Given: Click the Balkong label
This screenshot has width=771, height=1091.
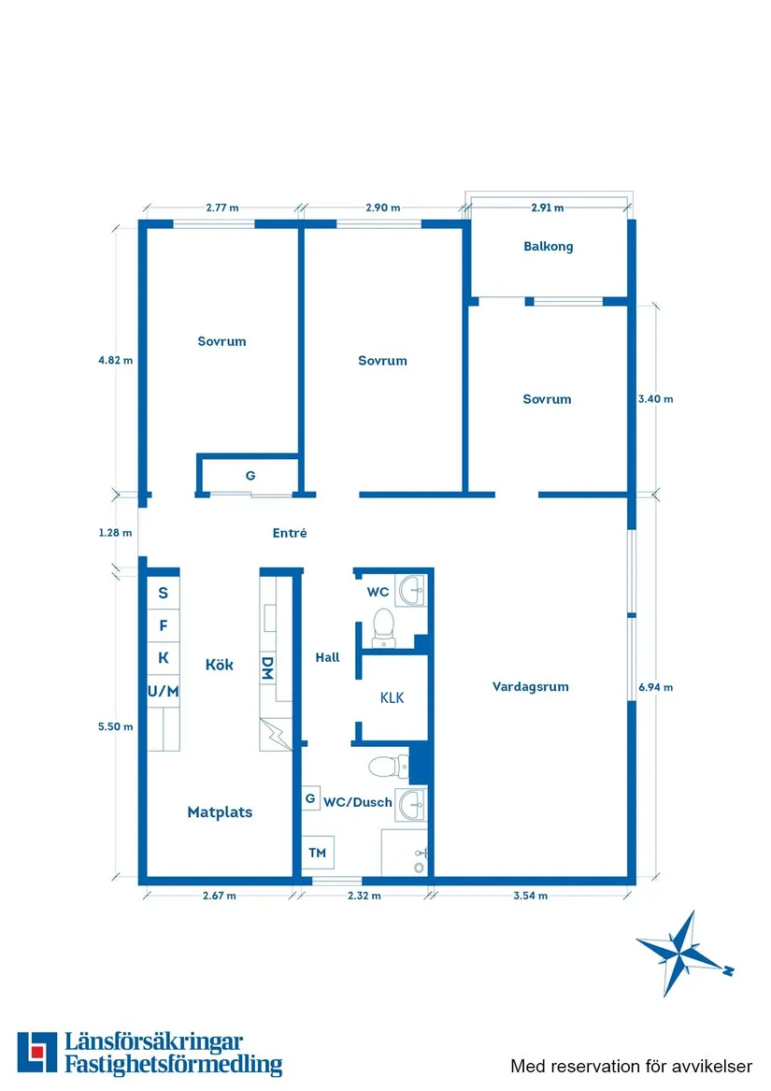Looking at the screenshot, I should coord(548,247).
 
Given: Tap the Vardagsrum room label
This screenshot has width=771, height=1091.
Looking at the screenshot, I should coord(530,686).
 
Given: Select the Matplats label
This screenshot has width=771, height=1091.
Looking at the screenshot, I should coord(220,812).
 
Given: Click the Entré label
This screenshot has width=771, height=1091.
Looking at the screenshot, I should coord(290,533).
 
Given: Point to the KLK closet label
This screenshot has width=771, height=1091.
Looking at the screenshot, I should coord(392,697).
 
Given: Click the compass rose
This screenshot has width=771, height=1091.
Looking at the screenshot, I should coord(683,952).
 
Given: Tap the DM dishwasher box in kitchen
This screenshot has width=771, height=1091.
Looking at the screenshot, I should coord(267,668).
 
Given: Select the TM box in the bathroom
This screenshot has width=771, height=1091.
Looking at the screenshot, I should coord(318,853).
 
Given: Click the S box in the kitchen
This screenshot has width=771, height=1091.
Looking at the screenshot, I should coord(164,593).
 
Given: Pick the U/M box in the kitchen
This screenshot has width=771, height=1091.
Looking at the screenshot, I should coord(164,691).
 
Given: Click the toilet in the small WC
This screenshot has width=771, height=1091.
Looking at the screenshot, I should coord(382,627).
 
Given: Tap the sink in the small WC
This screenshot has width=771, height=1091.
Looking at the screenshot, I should coord(410,589).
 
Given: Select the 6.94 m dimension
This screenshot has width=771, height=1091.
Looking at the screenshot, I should coord(655,687).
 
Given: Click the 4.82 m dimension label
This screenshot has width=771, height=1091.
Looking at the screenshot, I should coord(116,359).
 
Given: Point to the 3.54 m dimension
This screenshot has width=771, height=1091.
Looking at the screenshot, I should coord(530,896).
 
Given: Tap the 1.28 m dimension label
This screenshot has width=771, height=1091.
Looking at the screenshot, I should coord(116,533).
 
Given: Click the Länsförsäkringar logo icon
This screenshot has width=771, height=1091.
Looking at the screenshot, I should coord(36,1053).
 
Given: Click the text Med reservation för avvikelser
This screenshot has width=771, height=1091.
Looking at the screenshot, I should coord(631,1066).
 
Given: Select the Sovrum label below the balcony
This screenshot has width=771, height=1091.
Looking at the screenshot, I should coord(547,399).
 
